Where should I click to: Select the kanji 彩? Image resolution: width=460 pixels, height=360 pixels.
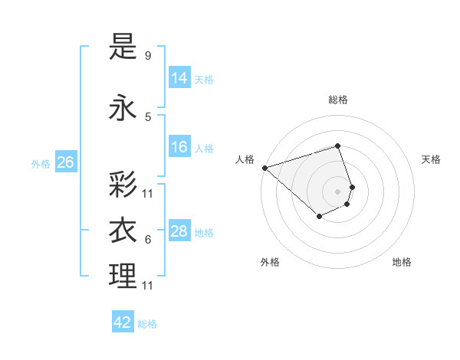pos(123,185)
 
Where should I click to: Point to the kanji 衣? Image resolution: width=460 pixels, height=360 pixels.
pos(123,231)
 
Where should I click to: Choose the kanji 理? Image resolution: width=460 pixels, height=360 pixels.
pos(123,277)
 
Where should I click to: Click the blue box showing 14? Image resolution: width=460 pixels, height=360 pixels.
pos(179,79)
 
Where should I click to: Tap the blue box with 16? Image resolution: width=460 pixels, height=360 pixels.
pos(179,148)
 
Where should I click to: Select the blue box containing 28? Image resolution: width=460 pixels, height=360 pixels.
pos(179,231)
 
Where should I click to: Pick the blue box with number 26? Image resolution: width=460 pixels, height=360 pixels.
pos(66,162)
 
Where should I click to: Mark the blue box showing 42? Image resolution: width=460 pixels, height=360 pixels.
pos(123,322)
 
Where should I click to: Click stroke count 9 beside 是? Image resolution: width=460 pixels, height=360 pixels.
pos(148,56)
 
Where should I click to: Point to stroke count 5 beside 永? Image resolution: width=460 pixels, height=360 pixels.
pos(148,116)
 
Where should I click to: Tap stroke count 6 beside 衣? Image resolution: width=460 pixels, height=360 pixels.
pos(148,240)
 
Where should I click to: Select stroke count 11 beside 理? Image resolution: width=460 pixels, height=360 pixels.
pos(148,286)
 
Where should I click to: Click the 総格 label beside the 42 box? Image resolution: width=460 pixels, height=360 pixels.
pos(148,324)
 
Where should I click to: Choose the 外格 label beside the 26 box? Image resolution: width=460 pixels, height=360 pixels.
pos(41,163)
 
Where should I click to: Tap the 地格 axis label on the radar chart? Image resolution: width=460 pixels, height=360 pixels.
pos(402,262)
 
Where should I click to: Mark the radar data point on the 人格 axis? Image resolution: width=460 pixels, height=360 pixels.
pos(264,168)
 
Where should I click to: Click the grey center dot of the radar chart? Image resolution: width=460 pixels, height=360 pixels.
pos(337,191)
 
